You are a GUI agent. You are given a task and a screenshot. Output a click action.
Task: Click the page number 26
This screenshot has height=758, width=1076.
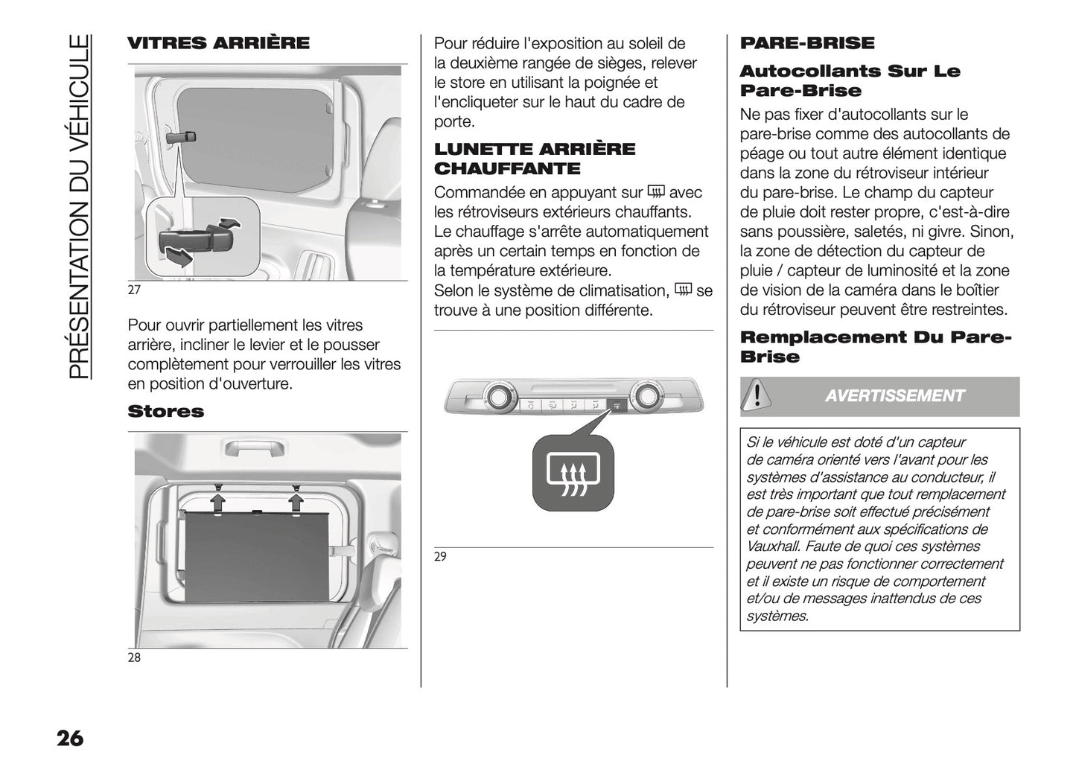[69, 739]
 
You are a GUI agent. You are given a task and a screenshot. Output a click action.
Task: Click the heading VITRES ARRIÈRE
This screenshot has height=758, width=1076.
[218, 43]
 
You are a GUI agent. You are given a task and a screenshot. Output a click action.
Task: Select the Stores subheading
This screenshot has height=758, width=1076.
[165, 412]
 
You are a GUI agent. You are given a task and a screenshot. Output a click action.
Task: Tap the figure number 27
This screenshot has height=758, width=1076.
[134, 290]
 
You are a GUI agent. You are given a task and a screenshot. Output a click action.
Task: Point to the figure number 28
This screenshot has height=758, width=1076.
[134, 657]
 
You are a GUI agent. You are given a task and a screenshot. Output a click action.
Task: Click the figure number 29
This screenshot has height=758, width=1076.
[440, 556]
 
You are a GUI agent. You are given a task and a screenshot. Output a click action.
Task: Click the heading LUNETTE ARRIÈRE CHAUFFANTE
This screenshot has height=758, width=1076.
[535, 159]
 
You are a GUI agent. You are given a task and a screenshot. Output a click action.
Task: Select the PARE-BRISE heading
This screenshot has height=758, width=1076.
[807, 43]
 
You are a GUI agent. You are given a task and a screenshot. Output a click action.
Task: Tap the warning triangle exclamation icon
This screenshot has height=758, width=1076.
[757, 394]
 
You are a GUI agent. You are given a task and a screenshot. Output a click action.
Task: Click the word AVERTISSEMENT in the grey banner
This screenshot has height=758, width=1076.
[894, 396]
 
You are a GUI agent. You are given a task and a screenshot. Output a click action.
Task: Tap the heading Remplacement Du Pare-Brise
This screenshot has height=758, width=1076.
[876, 347]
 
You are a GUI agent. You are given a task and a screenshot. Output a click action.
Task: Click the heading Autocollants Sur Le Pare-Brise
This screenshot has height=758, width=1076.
[850, 81]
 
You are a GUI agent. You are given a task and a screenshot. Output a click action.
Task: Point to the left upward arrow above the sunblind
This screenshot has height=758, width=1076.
[218, 502]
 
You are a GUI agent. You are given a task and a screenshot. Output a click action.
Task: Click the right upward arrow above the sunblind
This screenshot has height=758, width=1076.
[296, 502]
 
